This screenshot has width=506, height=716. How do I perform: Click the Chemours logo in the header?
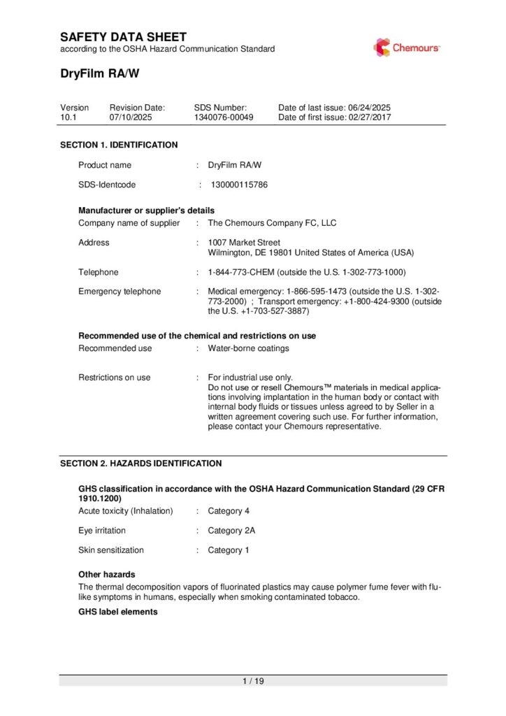pyautogui.click(x=406, y=48)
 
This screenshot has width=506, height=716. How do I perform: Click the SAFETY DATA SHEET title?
pyautogui.click(x=123, y=36)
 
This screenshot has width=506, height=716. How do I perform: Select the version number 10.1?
pyautogui.click(x=68, y=117)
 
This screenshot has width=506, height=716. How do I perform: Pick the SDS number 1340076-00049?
pyautogui.click(x=224, y=117)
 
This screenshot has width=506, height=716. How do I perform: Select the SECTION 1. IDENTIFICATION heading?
pyautogui.click(x=119, y=145)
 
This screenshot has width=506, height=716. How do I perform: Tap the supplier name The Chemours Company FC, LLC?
pyautogui.click(x=272, y=223)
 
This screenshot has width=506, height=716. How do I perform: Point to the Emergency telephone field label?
pyautogui.click(x=120, y=292)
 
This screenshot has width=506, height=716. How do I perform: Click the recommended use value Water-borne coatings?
pyautogui.click(x=248, y=348)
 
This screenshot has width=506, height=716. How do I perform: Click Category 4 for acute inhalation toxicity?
pyautogui.click(x=229, y=511)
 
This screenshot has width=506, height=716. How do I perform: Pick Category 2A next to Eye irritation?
pyautogui.click(x=231, y=531)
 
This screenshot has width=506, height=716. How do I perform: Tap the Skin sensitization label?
pyautogui.click(x=111, y=550)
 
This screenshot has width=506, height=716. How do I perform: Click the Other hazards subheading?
pyautogui.click(x=107, y=574)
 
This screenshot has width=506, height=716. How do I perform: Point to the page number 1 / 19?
pyautogui.click(x=253, y=681)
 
